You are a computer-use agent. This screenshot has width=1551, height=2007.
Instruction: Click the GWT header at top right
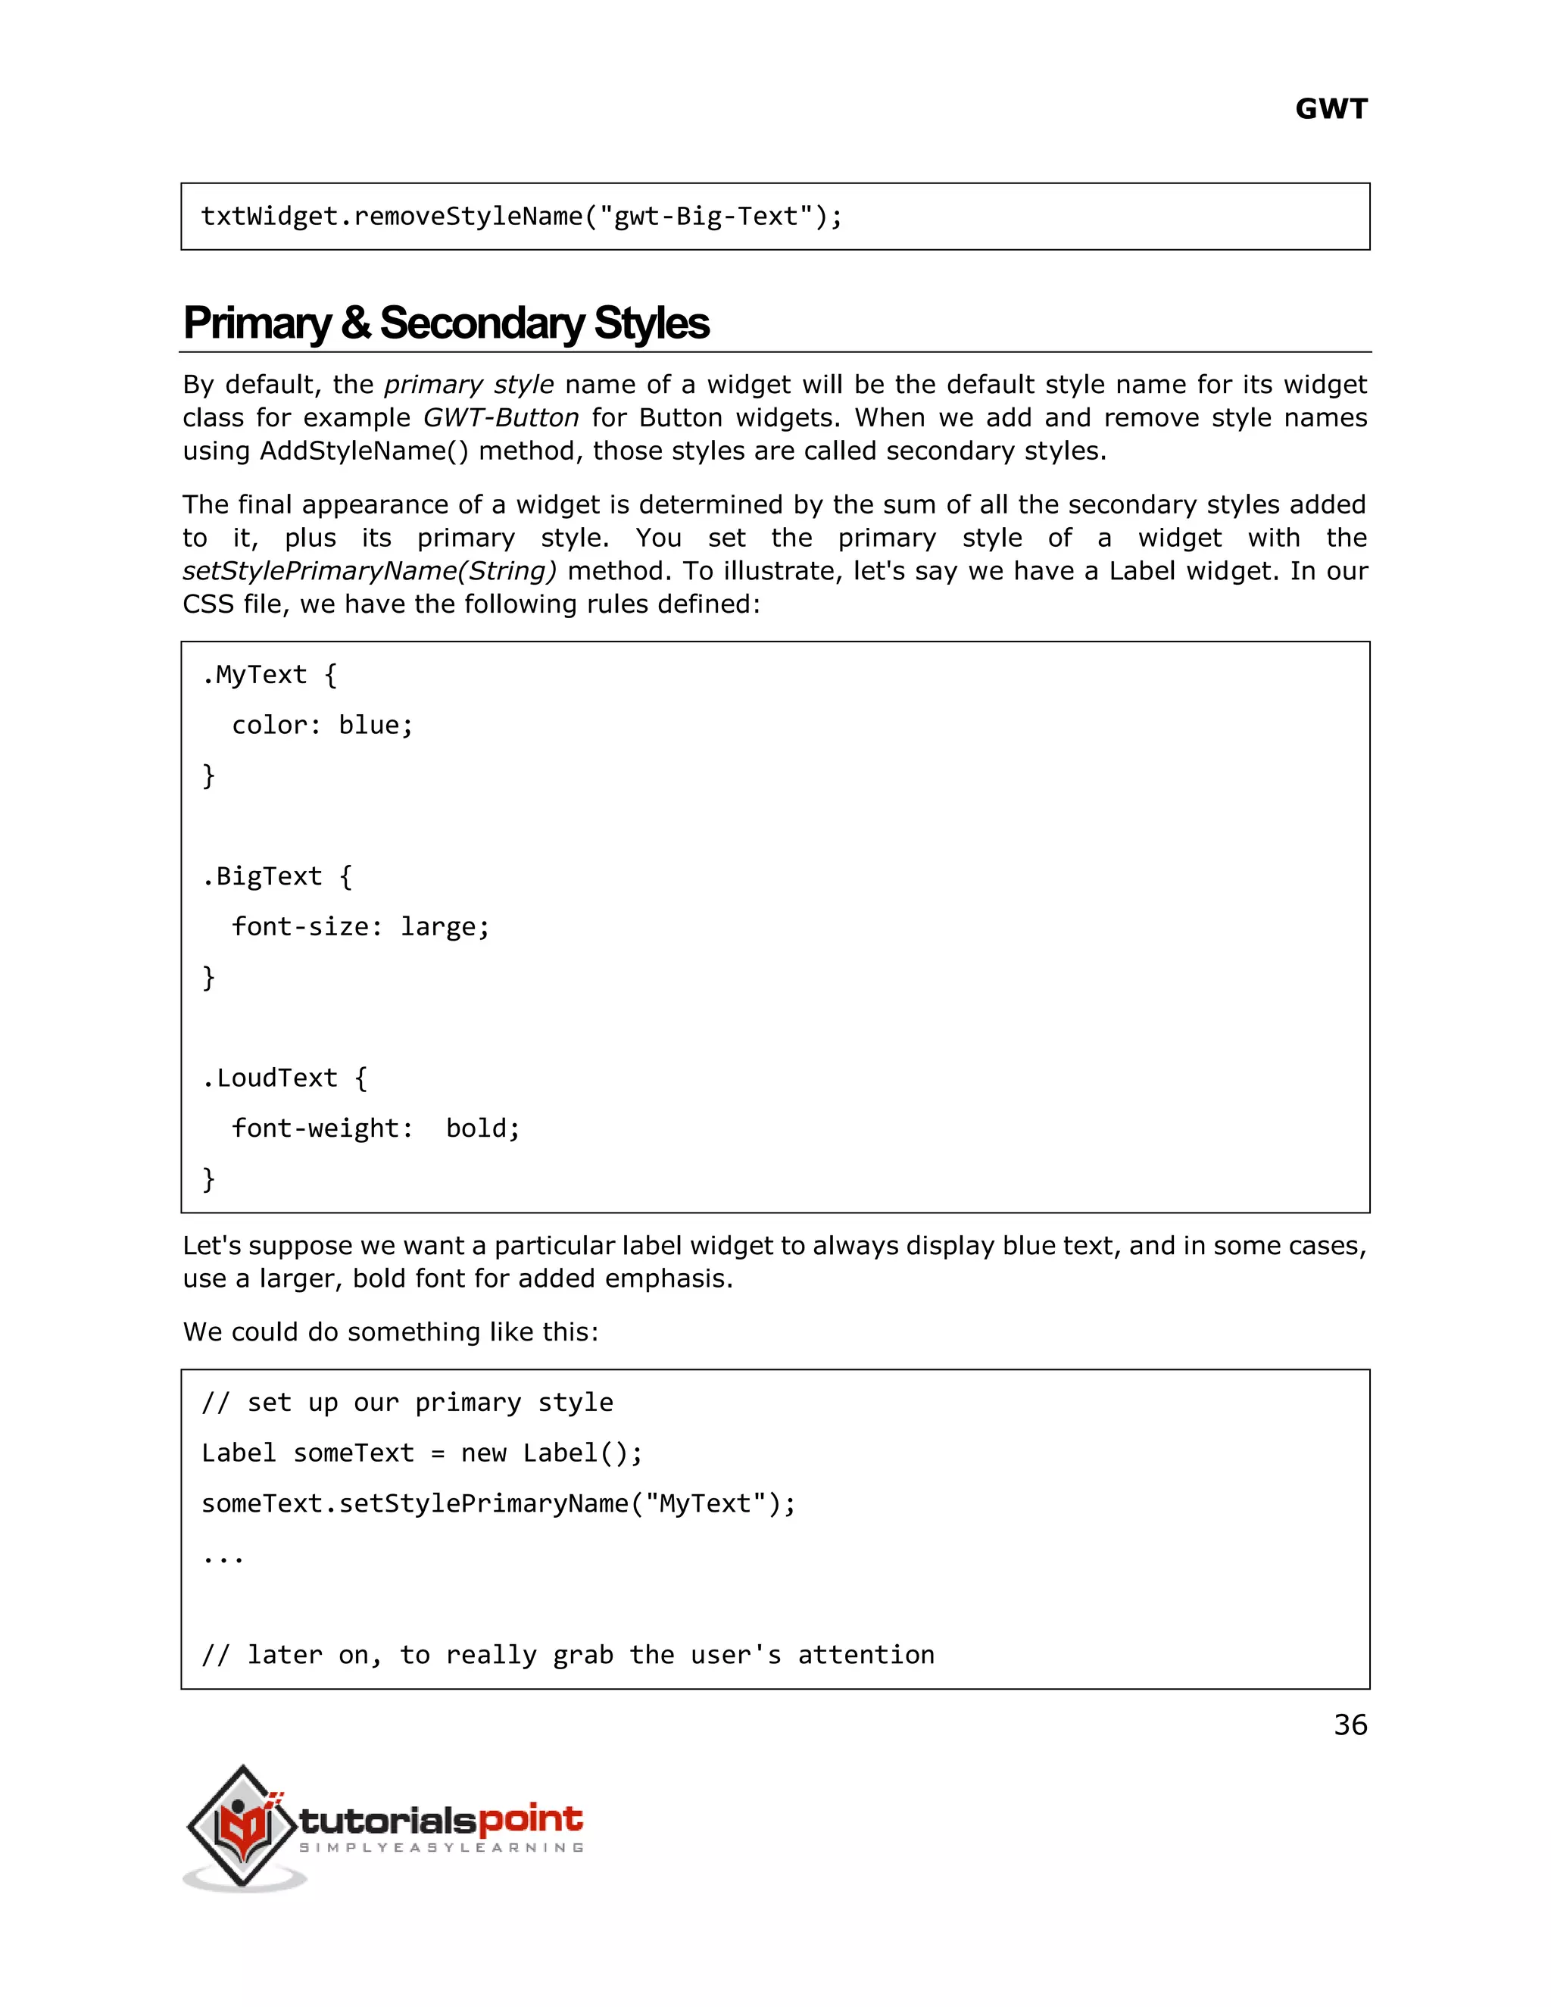(1331, 109)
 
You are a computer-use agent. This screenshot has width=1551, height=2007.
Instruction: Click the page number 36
(1350, 1725)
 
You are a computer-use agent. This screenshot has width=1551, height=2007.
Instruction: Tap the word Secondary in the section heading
(482, 323)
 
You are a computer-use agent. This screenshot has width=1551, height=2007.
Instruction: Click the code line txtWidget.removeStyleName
(521, 217)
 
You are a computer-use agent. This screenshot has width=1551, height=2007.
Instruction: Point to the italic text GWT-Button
(501, 418)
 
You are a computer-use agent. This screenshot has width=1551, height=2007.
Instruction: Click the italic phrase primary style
(469, 385)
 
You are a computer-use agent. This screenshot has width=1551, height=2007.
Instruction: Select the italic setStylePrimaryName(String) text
(370, 572)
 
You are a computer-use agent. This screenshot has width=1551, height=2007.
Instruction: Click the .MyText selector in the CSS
(254, 676)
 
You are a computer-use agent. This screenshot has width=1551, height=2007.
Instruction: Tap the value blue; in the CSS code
(376, 726)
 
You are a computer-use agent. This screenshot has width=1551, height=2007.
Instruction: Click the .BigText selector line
(263, 877)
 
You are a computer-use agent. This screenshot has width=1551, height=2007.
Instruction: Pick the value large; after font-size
(445, 927)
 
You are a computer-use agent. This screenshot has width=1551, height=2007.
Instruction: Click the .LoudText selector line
(270, 1078)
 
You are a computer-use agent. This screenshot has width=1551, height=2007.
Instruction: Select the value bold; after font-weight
(483, 1128)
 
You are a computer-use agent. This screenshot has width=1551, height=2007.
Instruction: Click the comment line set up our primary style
(407, 1403)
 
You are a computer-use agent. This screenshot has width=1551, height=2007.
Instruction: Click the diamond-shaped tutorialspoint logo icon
(242, 1825)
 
